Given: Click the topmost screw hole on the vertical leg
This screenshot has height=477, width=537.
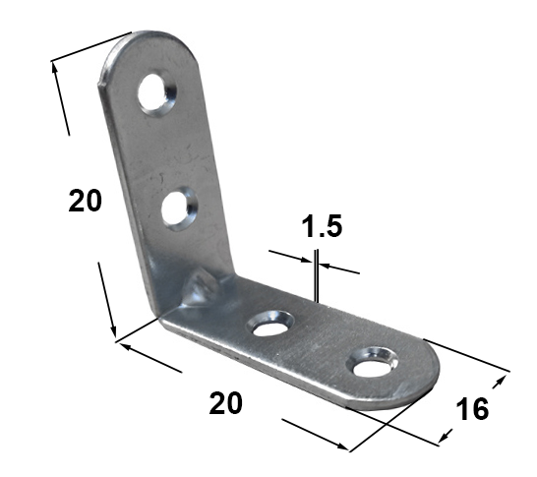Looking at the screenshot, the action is [156, 93].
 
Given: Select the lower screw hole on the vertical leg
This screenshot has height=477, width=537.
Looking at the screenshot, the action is [179, 209].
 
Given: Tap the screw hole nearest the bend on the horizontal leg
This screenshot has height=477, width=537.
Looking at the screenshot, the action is [271, 324].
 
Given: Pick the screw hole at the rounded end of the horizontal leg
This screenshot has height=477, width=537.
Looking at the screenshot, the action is [373, 362].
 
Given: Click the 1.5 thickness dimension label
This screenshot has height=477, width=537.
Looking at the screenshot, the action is [322, 226].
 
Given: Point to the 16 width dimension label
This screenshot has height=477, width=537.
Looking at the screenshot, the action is [473, 409].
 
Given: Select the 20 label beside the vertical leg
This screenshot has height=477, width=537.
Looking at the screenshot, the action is [86, 201].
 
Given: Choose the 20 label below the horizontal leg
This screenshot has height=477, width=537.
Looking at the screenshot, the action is [225, 403].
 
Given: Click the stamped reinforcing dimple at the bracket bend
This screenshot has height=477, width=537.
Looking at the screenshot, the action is [202, 287].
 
